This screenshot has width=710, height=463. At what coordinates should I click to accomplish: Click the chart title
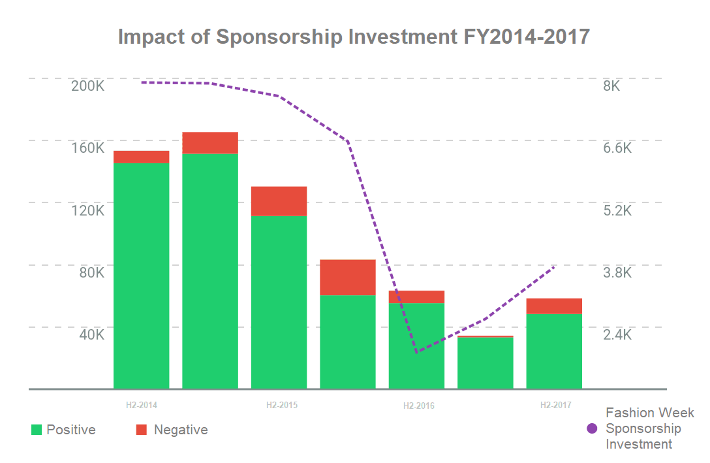click(x=354, y=37)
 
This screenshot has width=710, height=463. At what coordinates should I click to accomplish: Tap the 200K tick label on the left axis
click(x=87, y=86)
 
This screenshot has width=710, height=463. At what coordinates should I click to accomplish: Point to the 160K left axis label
click(x=87, y=148)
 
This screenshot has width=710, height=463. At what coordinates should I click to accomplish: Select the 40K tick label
click(x=91, y=334)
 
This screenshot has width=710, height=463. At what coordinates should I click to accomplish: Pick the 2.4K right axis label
click(x=617, y=334)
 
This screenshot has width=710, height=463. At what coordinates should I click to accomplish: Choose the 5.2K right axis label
click(x=617, y=210)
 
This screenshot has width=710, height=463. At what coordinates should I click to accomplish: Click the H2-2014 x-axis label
click(x=142, y=405)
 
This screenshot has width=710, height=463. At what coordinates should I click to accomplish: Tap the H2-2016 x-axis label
click(x=418, y=406)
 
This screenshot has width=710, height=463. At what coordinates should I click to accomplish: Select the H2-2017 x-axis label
click(x=555, y=405)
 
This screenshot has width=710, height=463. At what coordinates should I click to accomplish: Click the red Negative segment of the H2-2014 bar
click(x=142, y=157)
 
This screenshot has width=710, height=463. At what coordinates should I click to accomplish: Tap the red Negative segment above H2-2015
click(x=279, y=201)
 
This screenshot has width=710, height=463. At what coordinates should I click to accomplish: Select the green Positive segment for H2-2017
click(x=554, y=351)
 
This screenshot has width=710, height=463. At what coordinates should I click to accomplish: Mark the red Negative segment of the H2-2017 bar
click(x=554, y=306)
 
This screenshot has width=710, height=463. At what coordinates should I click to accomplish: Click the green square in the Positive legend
click(x=37, y=430)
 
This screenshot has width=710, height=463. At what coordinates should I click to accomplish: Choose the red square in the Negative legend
click(x=142, y=430)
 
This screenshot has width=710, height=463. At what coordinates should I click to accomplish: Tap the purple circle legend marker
click(x=593, y=429)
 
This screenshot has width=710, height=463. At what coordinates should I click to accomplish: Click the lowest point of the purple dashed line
click(x=416, y=353)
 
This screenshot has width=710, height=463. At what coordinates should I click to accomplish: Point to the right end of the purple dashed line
click(x=554, y=266)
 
